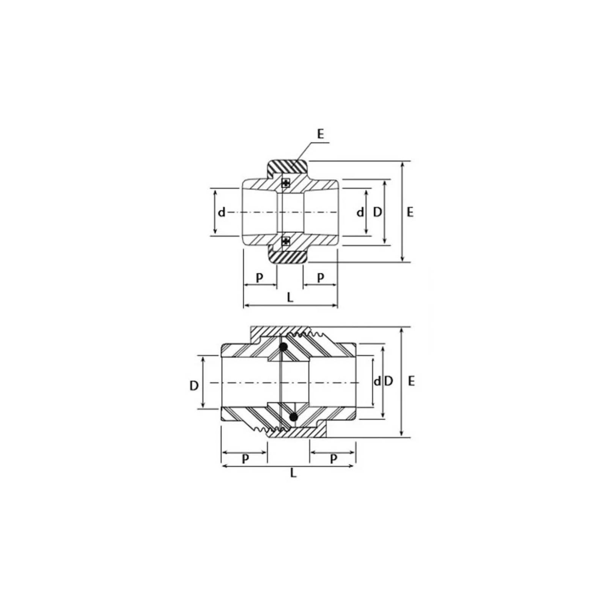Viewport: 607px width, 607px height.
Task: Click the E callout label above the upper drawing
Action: pyautogui.click(x=321, y=134)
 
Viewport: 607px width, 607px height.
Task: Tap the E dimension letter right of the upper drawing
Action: pyautogui.click(x=410, y=212)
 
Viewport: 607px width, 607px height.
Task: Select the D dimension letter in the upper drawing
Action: pyautogui.click(x=377, y=212)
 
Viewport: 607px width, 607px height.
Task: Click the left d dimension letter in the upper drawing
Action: pyautogui.click(x=222, y=212)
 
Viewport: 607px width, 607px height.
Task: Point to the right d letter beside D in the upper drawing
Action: pyautogui.click(x=360, y=212)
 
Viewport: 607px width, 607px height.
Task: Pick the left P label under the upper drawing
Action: pyautogui.click(x=259, y=278)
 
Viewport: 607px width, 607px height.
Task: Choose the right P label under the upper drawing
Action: pyautogui.click(x=321, y=278)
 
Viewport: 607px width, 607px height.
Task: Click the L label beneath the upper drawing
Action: pyautogui.click(x=290, y=297)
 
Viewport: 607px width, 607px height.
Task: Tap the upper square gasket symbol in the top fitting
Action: pyautogui.click(x=286, y=183)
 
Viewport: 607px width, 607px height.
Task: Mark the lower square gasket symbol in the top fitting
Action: pyautogui.click(x=286, y=241)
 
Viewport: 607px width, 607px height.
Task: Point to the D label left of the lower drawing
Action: pyautogui.click(x=194, y=386)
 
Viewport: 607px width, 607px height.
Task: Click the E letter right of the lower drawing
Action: pyautogui.click(x=411, y=381)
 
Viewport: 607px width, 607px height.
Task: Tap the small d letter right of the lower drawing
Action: pyautogui.click(x=377, y=382)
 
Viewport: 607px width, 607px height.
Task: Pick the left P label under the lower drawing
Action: pyautogui.click(x=245, y=459)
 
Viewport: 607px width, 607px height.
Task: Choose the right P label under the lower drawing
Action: pyautogui.click(x=333, y=459)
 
